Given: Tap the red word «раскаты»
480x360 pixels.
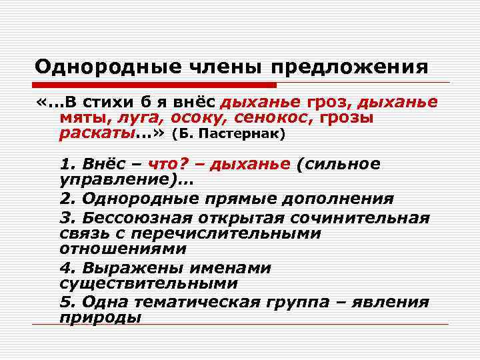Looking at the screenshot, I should pyautogui.click(x=97, y=133).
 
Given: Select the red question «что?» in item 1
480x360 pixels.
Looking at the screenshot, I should pyautogui.click(x=170, y=165).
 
